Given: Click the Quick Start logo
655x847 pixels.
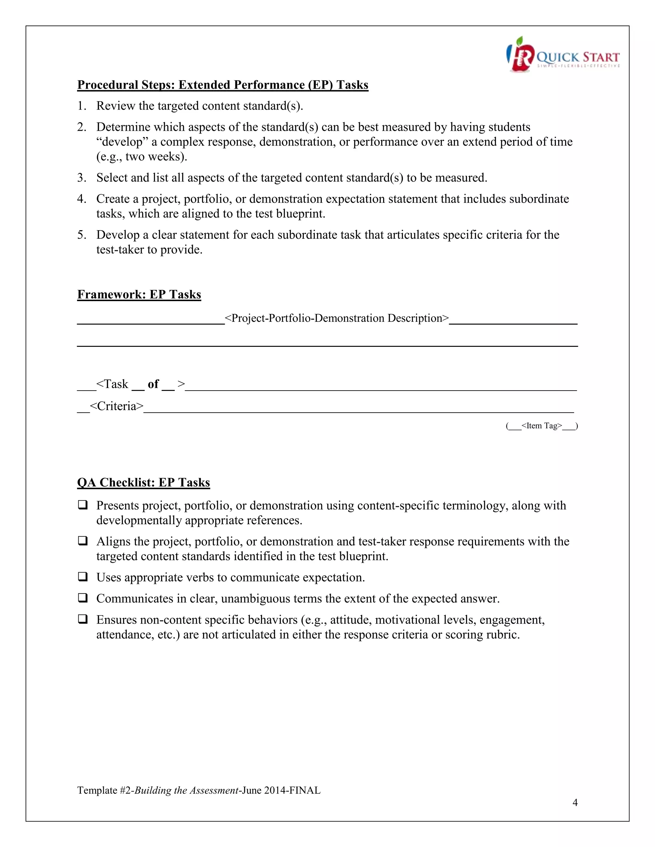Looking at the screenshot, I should (x=563, y=55).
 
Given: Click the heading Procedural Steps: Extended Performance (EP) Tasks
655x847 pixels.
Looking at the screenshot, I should (x=222, y=85).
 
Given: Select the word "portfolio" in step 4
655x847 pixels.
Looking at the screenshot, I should (x=208, y=199).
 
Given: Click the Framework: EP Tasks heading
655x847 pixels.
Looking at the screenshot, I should (x=139, y=294).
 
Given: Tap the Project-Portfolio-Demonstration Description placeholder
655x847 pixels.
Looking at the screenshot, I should (x=336, y=318).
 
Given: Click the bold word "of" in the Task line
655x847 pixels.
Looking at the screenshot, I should (x=153, y=384).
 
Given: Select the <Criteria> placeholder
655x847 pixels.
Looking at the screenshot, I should (x=116, y=406).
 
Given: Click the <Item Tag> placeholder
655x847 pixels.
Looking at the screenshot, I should (x=542, y=426).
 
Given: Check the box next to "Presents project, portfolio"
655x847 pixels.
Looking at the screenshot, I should (x=82, y=505).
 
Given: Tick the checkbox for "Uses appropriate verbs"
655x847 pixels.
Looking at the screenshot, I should (x=82, y=577).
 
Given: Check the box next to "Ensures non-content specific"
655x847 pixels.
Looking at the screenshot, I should (x=82, y=619).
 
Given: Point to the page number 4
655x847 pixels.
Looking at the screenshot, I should (x=575, y=803).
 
